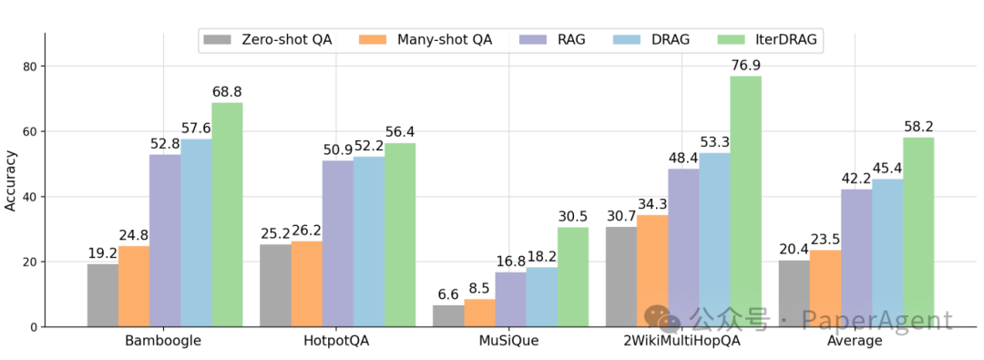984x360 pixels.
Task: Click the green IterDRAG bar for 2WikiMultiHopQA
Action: tap(745, 201)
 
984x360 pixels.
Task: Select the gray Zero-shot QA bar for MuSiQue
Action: tap(448, 315)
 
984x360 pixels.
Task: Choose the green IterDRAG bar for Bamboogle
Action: tap(227, 214)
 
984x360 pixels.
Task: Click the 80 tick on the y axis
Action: tap(29, 67)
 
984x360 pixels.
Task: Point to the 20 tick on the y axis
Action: tap(29, 262)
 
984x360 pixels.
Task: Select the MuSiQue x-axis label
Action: tap(510, 341)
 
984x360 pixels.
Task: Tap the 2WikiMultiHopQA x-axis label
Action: tap(683, 341)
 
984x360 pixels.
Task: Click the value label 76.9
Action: tap(746, 66)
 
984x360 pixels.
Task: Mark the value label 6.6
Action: tap(448, 294)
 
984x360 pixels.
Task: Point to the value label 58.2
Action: tap(918, 127)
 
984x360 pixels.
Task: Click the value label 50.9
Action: tap(337, 150)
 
